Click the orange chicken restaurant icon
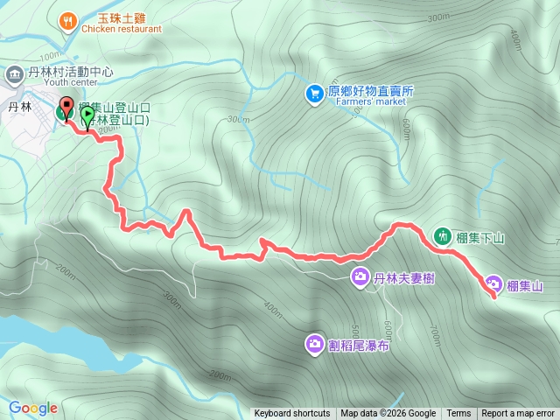[x=67, y=19]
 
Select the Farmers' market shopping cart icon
[x=314, y=92]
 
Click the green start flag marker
[x=87, y=115]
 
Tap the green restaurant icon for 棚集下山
[x=443, y=235]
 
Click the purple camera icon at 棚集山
[x=493, y=285]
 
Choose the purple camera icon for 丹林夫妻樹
[x=360, y=278]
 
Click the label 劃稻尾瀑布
[x=360, y=346]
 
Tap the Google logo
[x=32, y=408]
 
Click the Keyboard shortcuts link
[x=292, y=414]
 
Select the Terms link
[x=458, y=414]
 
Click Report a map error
[x=518, y=414]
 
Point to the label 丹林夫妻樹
[x=404, y=279]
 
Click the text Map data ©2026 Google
[x=388, y=414]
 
